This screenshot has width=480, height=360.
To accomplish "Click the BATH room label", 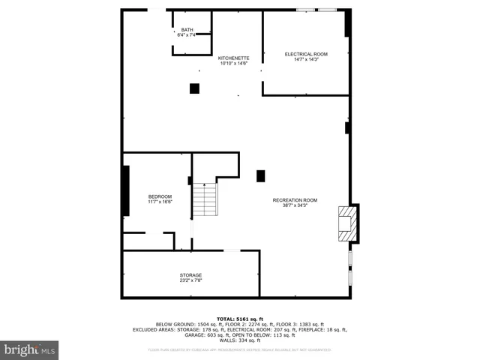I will [x=187, y=30].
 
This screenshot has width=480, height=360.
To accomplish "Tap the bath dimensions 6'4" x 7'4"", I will [x=187, y=35].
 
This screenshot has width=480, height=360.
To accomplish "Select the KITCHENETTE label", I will [x=233, y=58].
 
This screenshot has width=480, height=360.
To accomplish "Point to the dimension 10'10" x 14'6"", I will [x=233, y=63].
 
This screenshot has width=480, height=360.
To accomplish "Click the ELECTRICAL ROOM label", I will [x=306, y=54].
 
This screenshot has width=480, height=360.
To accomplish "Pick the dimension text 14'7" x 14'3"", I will [x=306, y=59].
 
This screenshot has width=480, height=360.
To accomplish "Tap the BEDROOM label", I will [x=160, y=196].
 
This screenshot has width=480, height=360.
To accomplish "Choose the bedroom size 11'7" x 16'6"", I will [x=160, y=202].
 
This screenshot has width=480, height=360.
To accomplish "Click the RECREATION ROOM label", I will [x=295, y=199].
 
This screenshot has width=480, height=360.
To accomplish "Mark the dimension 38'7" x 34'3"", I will [x=295, y=205].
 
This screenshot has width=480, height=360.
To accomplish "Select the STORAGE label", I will [x=190, y=275].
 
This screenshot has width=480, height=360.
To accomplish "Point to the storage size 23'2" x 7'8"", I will [x=190, y=280].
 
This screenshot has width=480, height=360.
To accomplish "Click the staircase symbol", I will [x=205, y=199].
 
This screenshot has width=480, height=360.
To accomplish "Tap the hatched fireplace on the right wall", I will [x=346, y=223].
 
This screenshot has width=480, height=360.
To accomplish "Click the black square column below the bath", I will [x=194, y=88].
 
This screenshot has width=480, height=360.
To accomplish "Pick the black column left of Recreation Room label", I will [x=261, y=176].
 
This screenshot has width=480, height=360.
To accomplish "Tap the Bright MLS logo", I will [x=29, y=350].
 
